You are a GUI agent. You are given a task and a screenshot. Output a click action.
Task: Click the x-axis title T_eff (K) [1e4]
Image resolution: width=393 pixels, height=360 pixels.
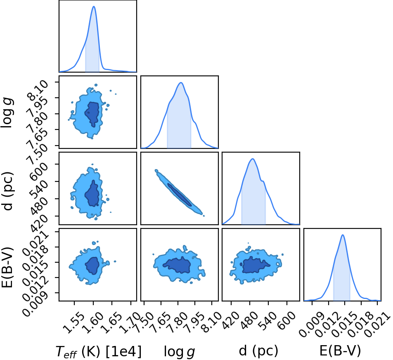(x=98, y=351)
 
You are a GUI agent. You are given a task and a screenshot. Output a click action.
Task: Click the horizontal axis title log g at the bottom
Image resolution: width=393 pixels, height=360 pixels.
(x=180, y=351)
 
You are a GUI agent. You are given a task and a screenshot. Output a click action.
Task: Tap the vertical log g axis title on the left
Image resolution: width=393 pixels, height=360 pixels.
(x=7, y=113)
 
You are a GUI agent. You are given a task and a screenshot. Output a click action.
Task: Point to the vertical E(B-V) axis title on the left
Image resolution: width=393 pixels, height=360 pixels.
(x=7, y=267)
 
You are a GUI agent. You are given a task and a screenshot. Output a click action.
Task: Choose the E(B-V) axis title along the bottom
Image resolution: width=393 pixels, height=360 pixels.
(x=340, y=351)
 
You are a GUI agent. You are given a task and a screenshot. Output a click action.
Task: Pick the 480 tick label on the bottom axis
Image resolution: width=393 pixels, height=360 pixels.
(x=249, y=320)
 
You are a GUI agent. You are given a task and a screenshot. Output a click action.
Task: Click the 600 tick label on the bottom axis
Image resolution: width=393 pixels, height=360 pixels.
(x=286, y=320)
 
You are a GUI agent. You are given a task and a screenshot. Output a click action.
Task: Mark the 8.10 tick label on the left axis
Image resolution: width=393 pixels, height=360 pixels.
(x=38, y=91)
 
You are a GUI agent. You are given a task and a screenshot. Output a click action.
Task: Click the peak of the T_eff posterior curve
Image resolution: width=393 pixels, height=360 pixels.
(x=94, y=6)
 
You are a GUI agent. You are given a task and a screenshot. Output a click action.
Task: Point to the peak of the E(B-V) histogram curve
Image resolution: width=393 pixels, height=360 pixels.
(x=343, y=235)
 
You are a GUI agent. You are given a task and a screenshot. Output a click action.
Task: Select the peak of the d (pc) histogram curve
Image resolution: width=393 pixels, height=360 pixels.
(x=253, y=159)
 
